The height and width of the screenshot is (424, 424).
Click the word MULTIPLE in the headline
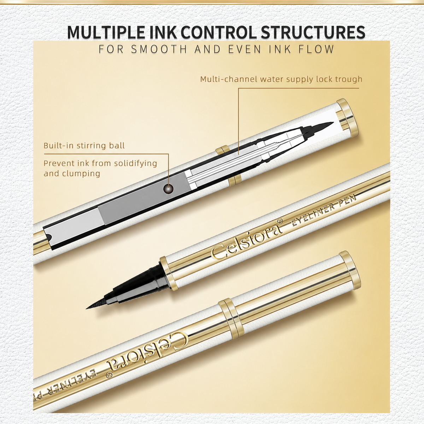[x=106, y=33]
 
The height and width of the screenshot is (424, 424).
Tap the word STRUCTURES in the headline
[x=313, y=33]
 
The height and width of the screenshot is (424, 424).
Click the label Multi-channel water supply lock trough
[x=281, y=79]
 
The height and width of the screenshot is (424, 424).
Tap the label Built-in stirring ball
[x=84, y=146]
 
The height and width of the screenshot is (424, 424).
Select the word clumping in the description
[x=81, y=174]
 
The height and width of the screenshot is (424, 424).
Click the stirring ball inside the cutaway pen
[x=168, y=189]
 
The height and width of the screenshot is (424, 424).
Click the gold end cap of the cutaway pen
[x=348, y=118]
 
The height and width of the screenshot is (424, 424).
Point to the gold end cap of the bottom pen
[x=350, y=270]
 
